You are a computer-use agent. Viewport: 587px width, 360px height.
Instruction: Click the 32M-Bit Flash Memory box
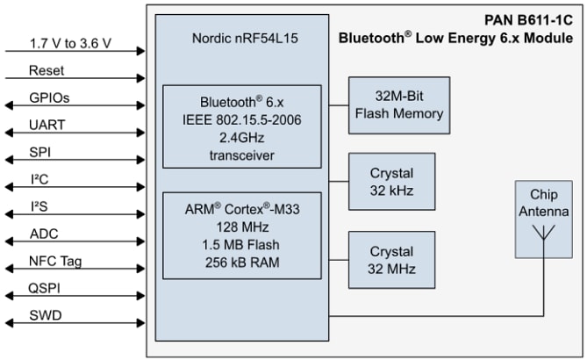[x=399, y=104]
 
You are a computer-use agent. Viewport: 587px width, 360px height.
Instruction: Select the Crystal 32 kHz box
[x=391, y=182]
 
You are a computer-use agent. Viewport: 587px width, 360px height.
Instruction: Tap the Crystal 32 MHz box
[x=391, y=260]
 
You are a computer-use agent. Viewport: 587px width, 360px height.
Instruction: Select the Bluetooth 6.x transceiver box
[x=241, y=126]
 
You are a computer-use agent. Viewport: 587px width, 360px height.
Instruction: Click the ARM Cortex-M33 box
[x=241, y=235]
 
